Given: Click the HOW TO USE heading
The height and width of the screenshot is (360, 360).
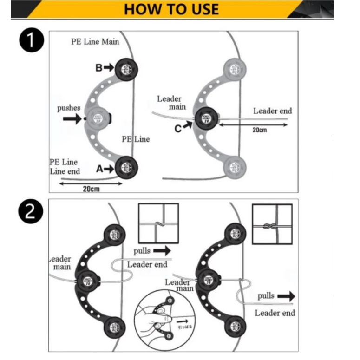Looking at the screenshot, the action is pyautogui.click(x=171, y=9).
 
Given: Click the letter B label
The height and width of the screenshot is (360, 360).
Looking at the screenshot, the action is pyautogui.click(x=99, y=68).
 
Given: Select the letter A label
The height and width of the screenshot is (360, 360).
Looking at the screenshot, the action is pyautogui.click(x=99, y=170).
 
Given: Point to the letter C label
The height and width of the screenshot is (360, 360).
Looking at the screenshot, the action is pyautogui.click(x=178, y=129).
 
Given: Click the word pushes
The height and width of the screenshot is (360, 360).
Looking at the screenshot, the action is pyautogui.click(x=69, y=108).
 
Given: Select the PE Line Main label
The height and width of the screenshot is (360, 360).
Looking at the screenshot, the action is pyautogui.click(x=95, y=41).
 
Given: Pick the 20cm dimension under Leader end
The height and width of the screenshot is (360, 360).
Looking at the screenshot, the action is pyautogui.click(x=260, y=131).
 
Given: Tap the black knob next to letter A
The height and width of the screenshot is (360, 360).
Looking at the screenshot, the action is pyautogui.click(x=126, y=167).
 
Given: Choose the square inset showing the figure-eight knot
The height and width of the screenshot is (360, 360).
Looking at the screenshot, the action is pyautogui.click(x=272, y=224).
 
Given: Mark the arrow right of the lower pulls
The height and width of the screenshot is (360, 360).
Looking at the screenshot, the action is pyautogui.click(x=286, y=296).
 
